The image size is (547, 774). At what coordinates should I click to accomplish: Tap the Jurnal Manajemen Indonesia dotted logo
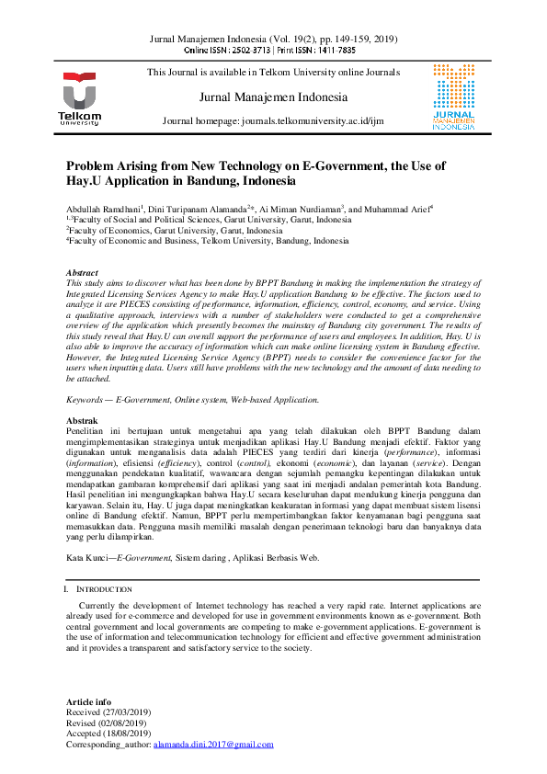click(453, 98)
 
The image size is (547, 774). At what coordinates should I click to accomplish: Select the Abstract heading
click(82, 273)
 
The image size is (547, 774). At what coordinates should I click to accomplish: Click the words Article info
click(87, 701)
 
